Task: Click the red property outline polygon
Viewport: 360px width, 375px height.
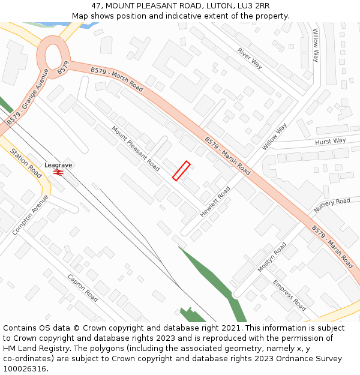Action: pos(181,170)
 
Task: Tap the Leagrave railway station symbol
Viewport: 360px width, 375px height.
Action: pos(58,172)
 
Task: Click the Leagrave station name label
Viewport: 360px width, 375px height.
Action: pos(58,164)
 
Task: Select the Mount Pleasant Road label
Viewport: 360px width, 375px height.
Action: pos(136,148)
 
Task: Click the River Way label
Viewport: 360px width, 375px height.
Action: pos(250,58)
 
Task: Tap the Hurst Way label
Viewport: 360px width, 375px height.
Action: pos(331,142)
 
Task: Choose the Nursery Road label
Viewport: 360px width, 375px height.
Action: pos(332,205)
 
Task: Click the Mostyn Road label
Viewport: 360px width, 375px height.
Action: pos(272,257)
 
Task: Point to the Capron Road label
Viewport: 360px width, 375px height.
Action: pos(83,288)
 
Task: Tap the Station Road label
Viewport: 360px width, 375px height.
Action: pos(26,163)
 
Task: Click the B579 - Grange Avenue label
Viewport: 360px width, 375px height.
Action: pos(28,97)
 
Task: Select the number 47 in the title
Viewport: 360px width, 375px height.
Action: pos(97,6)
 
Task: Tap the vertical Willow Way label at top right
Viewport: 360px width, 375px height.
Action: pos(315,45)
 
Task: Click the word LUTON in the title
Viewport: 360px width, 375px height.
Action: pos(214,6)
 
